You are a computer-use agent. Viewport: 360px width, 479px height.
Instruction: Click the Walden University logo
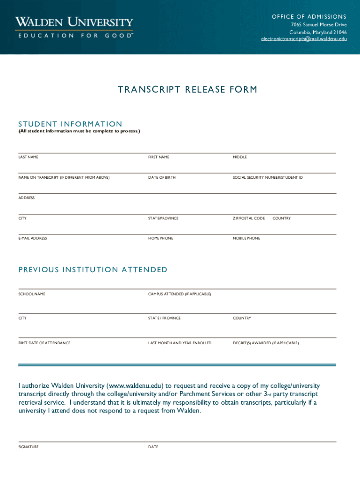74,28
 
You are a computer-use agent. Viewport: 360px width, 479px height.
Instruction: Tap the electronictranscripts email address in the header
304,39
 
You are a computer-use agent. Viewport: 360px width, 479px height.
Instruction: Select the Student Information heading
70,124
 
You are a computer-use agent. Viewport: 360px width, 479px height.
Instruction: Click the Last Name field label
29,157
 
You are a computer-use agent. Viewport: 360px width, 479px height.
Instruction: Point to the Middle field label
240,157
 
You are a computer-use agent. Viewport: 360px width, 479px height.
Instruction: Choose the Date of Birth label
162,178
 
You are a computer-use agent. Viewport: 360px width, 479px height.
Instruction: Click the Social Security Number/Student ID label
268,178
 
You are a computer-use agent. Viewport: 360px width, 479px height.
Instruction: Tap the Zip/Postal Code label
249,218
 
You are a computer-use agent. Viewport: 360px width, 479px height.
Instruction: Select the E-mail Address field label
33,239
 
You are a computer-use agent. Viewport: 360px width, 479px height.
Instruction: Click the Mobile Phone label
246,239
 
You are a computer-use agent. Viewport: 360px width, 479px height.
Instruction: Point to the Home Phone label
160,239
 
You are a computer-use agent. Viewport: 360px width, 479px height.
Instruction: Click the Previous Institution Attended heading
93,269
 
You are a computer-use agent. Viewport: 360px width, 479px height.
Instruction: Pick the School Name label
32,294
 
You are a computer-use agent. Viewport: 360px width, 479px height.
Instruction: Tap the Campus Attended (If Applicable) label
180,294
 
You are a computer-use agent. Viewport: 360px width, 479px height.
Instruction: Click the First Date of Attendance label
44,343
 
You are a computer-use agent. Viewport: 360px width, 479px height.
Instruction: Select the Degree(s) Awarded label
266,343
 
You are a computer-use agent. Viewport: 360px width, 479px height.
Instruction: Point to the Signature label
29,447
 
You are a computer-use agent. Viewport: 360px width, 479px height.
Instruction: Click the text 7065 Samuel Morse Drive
319,24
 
